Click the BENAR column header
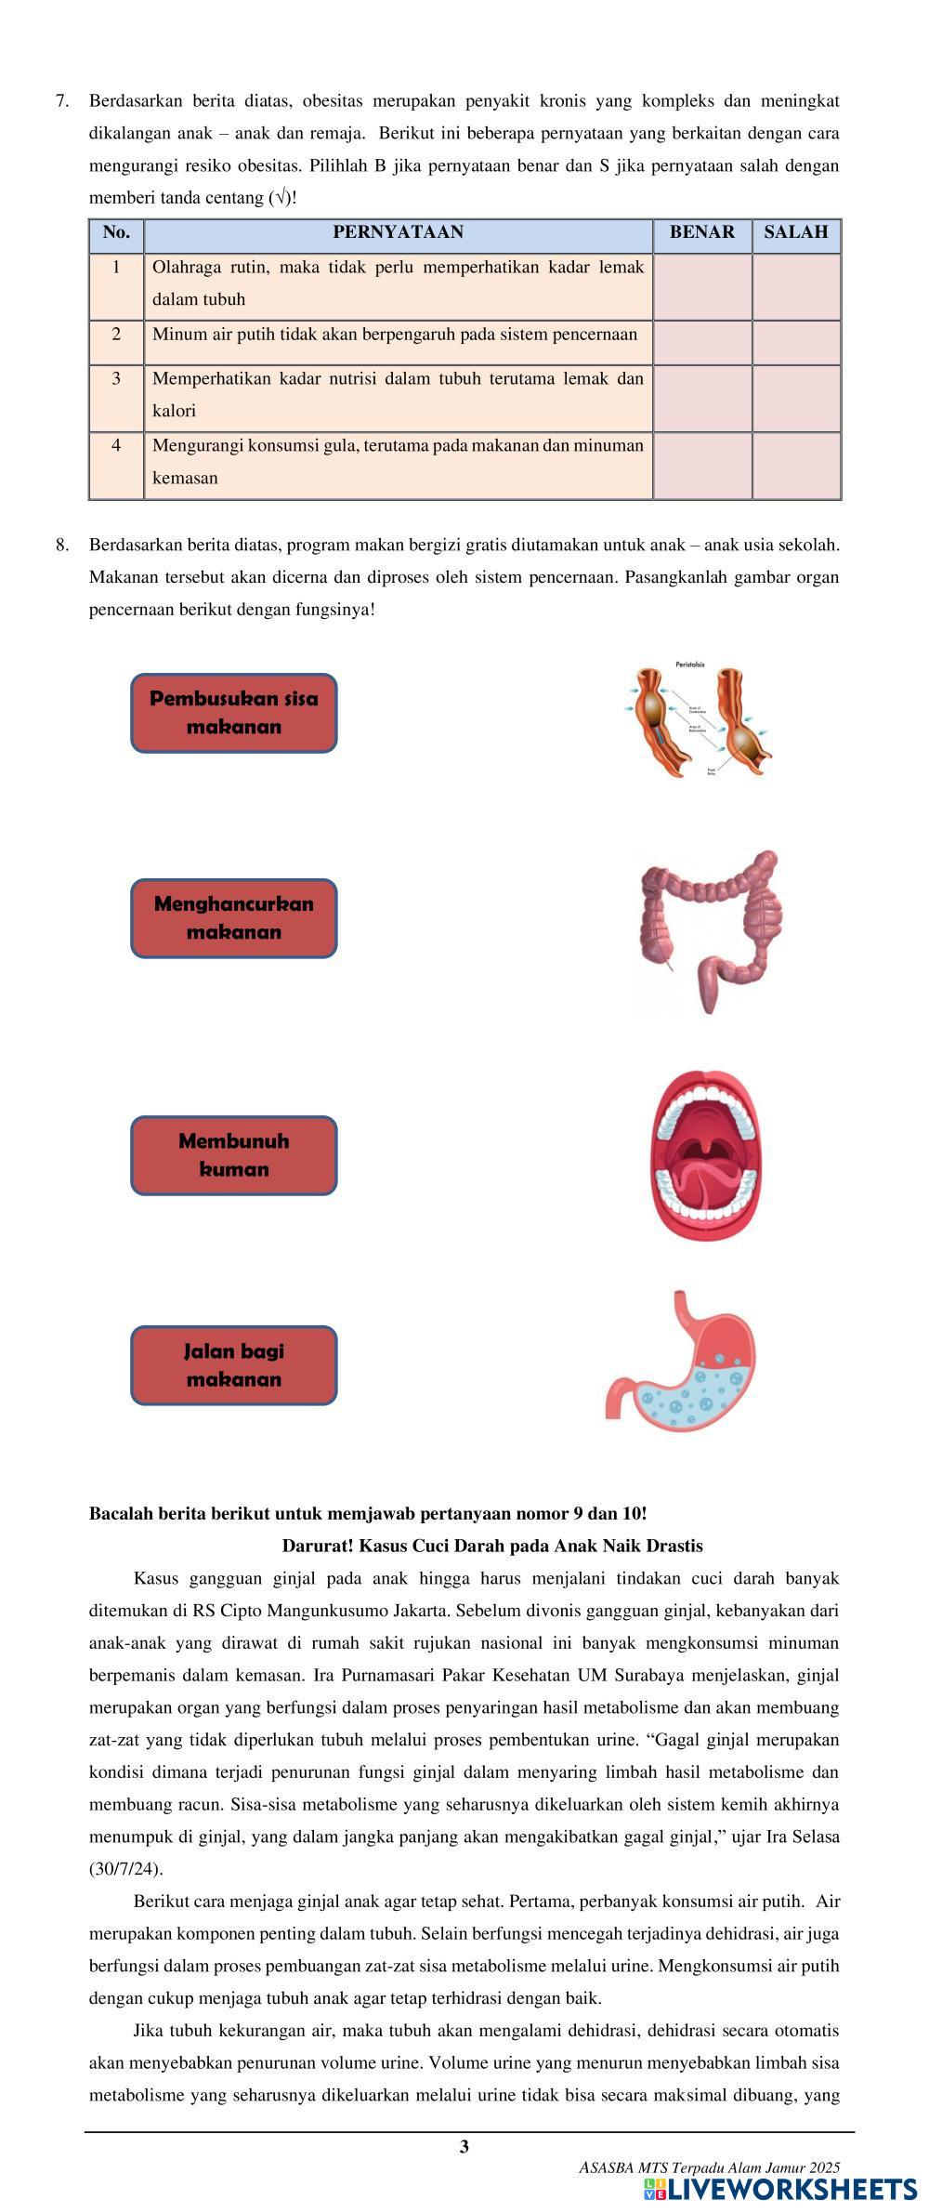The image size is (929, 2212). (701, 232)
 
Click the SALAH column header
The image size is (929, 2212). (795, 232)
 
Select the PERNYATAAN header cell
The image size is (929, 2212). (398, 232)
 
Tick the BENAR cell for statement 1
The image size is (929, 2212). (701, 287)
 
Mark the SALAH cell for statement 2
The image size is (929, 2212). (795, 343)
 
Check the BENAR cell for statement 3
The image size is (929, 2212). (701, 398)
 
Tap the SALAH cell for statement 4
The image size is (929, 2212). (795, 465)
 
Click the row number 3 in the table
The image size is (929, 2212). (116, 379)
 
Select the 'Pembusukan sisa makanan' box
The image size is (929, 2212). (233, 713)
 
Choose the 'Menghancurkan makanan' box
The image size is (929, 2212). (233, 918)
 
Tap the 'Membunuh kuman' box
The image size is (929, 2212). (233, 1155)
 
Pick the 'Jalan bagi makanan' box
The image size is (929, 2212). (233, 1365)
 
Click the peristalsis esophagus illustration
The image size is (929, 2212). (699, 718)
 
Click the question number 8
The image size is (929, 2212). (62, 545)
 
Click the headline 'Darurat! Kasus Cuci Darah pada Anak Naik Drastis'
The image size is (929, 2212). (491, 1546)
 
